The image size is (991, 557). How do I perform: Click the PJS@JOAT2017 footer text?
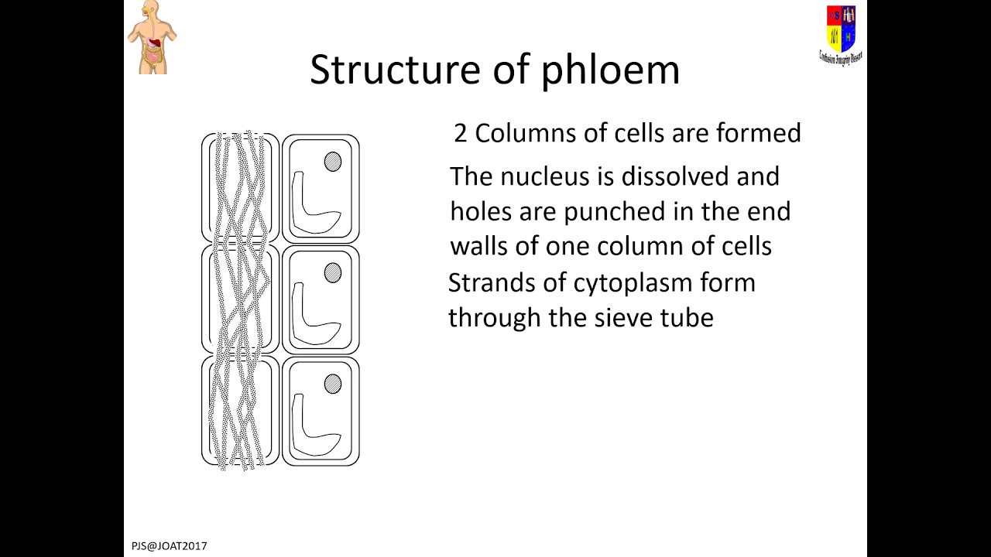click(x=170, y=546)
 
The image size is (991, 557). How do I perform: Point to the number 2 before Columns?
click(x=461, y=134)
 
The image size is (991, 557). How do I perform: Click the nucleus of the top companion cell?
click(x=333, y=162)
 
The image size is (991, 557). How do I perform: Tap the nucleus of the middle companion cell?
click(x=333, y=273)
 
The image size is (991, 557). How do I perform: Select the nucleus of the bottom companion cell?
click(x=333, y=384)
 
